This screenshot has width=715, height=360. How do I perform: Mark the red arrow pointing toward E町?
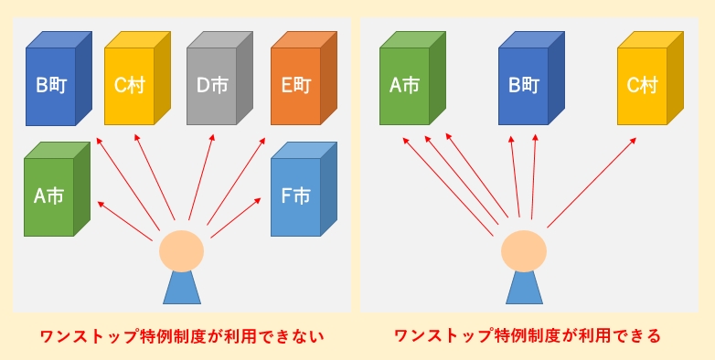tap(237, 183)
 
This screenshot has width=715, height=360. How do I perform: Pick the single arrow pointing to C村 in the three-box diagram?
tap(592, 182)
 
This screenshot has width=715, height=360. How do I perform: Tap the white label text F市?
tap(296, 196)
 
